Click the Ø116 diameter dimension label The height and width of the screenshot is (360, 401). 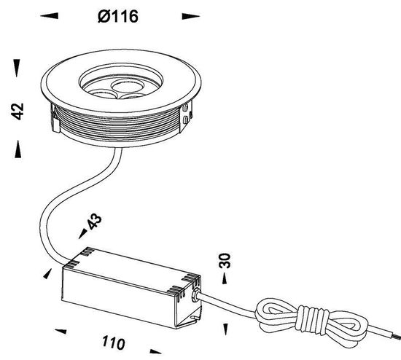coord(118,15)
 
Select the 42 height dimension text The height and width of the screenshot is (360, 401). coord(19,111)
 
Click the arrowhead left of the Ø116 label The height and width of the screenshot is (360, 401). coord(48,15)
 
